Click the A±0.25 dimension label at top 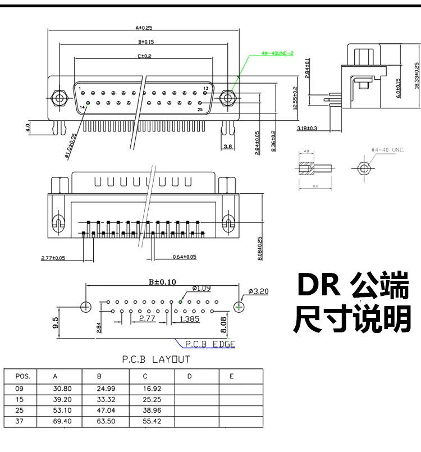pyautogui.click(x=144, y=27)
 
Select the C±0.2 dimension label pyautogui.click(x=144, y=57)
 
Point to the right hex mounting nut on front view pyautogui.click(x=227, y=98)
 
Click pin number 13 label pyautogui.click(x=205, y=89)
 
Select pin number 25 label pyautogui.click(x=199, y=109)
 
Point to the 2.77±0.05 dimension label pyautogui.click(x=53, y=258)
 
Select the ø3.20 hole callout pyautogui.click(x=258, y=291)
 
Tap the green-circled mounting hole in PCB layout pyautogui.click(x=239, y=307)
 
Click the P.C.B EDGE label pyautogui.click(x=213, y=344)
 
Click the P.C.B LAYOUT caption pyautogui.click(x=156, y=359)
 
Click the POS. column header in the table pyautogui.click(x=23, y=376)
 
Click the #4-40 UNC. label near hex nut pyautogui.click(x=388, y=150)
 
